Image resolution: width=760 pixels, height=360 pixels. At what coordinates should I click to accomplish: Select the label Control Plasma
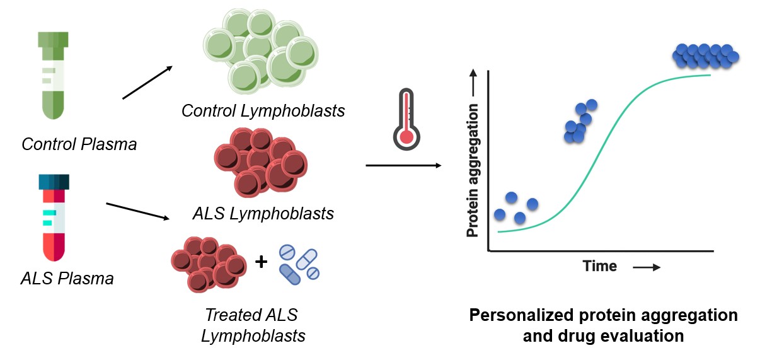(x=79, y=144)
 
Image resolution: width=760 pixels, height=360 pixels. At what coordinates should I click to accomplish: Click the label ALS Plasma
(x=68, y=277)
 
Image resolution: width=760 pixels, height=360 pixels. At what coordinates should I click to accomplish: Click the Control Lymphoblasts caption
(x=263, y=111)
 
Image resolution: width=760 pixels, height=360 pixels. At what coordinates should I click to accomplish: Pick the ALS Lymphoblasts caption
(x=263, y=214)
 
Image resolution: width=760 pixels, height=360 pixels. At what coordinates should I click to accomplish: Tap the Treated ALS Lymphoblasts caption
(x=253, y=325)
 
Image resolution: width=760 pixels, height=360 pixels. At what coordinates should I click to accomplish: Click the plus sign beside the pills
(x=261, y=261)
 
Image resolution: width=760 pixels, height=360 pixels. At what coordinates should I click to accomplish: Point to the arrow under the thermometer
(x=403, y=166)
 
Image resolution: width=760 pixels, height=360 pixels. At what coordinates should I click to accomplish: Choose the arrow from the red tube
(x=139, y=211)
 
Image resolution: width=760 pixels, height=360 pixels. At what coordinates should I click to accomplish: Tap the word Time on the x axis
(x=600, y=266)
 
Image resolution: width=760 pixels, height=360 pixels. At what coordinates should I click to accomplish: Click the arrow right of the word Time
(x=647, y=267)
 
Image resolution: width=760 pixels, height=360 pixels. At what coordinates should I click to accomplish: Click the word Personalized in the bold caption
(x=527, y=315)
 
